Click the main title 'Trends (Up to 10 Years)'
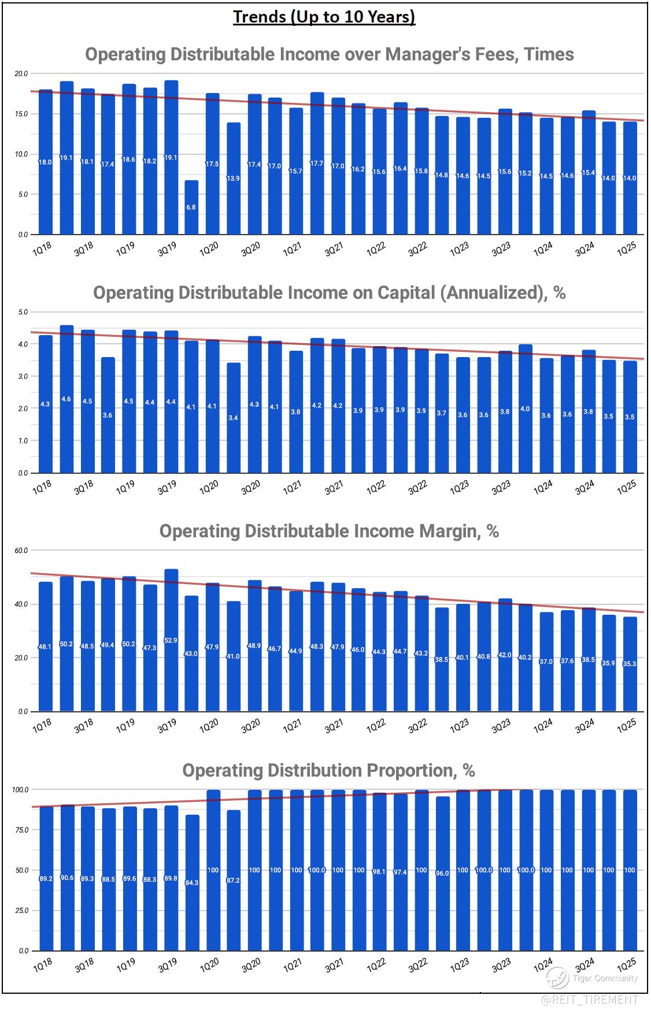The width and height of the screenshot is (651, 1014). (324, 17)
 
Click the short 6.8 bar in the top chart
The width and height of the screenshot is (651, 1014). (191, 208)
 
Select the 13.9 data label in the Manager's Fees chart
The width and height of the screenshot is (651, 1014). (233, 179)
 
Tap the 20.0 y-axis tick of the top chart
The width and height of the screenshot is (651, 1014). (21, 74)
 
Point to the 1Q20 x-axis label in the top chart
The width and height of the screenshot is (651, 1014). (209, 248)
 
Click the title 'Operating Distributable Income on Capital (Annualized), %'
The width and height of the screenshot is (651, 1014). (329, 293)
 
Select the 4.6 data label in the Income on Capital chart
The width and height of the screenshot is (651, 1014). (66, 399)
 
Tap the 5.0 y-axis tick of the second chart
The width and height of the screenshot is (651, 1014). (23, 312)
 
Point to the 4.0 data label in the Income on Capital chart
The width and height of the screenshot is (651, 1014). (525, 408)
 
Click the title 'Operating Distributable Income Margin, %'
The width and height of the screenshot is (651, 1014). (329, 532)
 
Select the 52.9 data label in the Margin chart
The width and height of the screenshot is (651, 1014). (171, 640)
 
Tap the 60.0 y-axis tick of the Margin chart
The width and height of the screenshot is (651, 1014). (21, 551)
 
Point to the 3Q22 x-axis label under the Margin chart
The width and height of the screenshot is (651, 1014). (417, 726)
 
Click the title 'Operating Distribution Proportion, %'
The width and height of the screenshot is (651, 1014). (328, 770)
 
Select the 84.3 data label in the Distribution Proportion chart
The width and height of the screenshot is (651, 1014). (191, 882)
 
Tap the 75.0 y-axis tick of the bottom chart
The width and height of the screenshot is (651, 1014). (21, 830)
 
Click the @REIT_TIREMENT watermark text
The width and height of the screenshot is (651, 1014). (590, 999)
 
